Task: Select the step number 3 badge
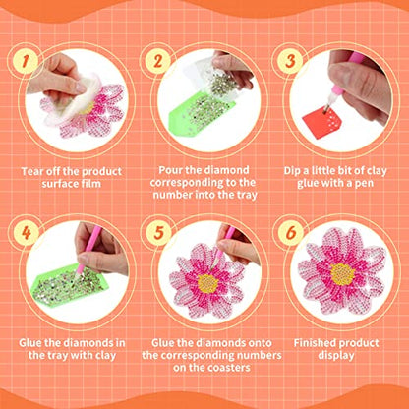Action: point(290,61)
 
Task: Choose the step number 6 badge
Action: point(290,234)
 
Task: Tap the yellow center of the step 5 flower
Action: point(207,282)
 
